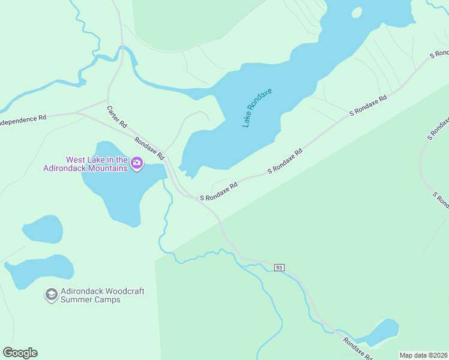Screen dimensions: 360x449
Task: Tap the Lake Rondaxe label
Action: [x=258, y=108]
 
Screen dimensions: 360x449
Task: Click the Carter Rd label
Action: [x=118, y=116]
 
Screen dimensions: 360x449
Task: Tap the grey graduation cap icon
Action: [x=52, y=295]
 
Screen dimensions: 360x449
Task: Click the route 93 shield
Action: [x=279, y=267]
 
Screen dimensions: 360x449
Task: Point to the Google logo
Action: [x=20, y=353]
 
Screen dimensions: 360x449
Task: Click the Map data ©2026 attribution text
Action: [x=423, y=355]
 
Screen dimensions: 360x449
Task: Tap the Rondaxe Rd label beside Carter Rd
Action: [x=149, y=148]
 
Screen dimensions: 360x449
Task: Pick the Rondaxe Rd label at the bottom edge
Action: [x=358, y=349]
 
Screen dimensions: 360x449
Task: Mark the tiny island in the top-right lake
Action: [x=357, y=12]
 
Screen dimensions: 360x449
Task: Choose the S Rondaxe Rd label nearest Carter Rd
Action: [x=218, y=191]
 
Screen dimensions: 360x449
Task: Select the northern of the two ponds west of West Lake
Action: [x=43, y=229]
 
